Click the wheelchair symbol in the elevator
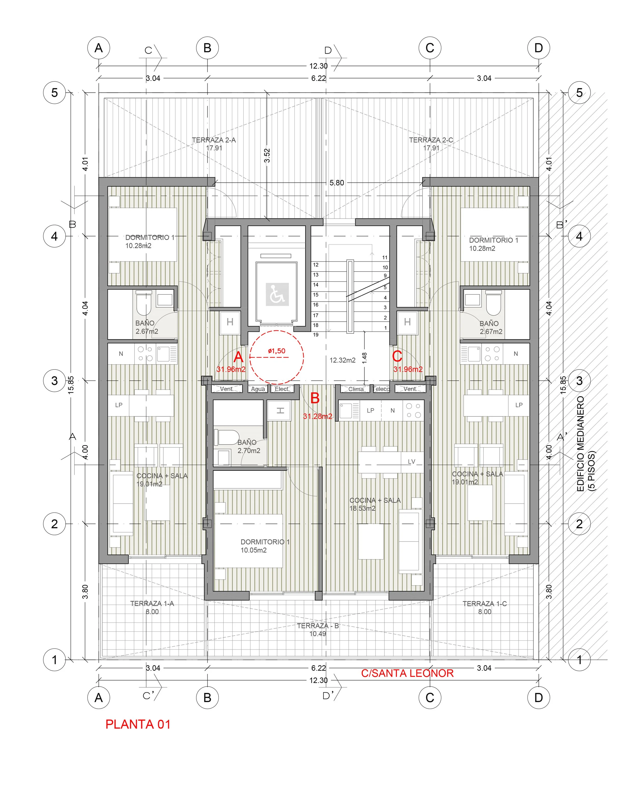[x=277, y=294]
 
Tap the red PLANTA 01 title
[x=138, y=724]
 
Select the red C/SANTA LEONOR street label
[x=407, y=673]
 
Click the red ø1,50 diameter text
[x=277, y=351]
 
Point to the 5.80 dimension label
[x=337, y=183]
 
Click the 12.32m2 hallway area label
[x=343, y=360]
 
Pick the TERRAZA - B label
[x=318, y=625]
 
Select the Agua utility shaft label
[x=258, y=389]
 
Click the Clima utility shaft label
[x=356, y=389]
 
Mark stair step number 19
[x=316, y=335]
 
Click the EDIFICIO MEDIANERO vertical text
[x=581, y=444]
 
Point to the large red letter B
[x=315, y=398]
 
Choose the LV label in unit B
[x=412, y=461]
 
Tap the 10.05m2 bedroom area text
[x=254, y=550]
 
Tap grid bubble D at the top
[x=539, y=48]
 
